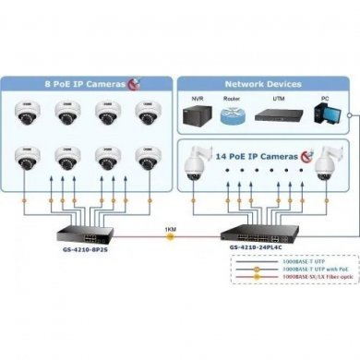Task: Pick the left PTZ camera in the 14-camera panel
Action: (x=198, y=163)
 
